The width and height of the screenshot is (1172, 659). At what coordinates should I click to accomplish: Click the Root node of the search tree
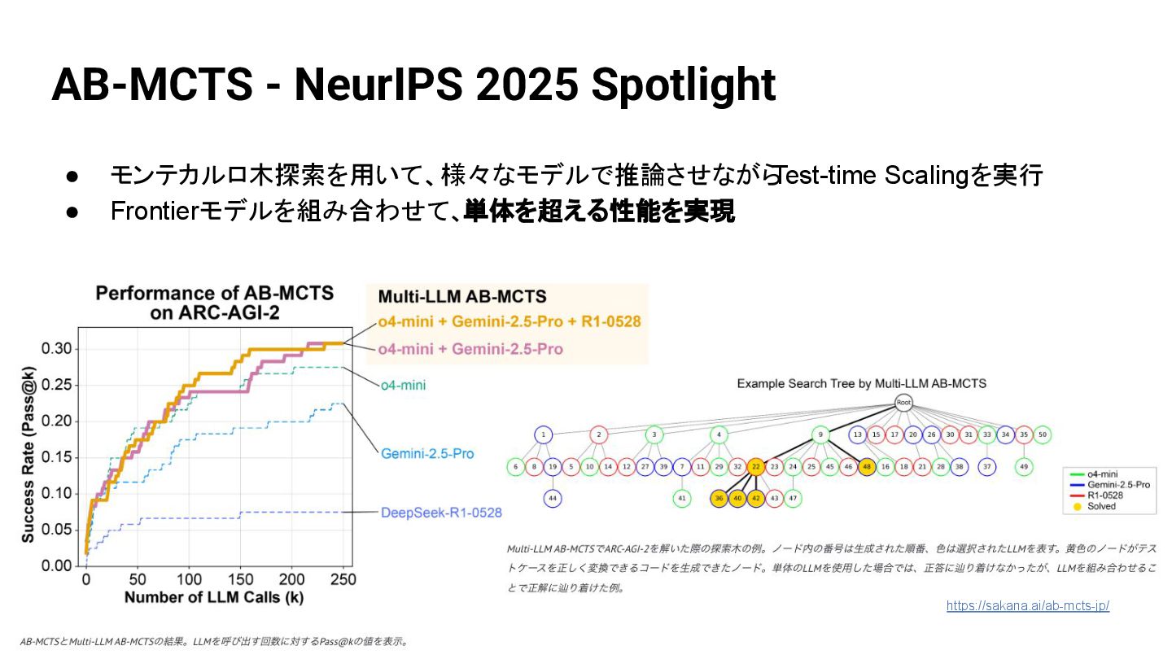(903, 402)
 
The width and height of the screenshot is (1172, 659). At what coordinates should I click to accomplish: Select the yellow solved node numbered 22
(756, 467)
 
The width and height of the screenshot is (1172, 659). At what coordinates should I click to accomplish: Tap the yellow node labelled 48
(867, 467)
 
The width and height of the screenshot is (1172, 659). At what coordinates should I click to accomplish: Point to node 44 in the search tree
(553, 498)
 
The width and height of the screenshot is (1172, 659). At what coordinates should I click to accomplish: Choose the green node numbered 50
(1043, 435)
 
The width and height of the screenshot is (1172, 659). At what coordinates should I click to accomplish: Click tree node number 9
(821, 435)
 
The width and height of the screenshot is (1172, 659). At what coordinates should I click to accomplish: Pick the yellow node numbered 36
(719, 498)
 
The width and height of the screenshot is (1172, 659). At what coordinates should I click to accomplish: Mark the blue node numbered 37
(987, 467)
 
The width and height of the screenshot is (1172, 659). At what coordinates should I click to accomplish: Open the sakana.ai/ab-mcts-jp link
(1028, 606)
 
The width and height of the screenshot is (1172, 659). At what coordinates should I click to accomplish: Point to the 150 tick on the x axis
(240, 580)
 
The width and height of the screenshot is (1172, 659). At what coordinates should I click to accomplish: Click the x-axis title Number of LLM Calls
(215, 599)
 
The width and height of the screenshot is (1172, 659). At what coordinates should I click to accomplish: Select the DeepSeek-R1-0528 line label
(441, 513)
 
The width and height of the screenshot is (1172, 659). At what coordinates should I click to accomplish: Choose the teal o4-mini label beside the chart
(403, 385)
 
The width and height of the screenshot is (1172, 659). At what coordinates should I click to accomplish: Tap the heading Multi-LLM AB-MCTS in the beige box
(461, 297)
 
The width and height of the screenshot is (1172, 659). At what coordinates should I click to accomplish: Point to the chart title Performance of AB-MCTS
(215, 294)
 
